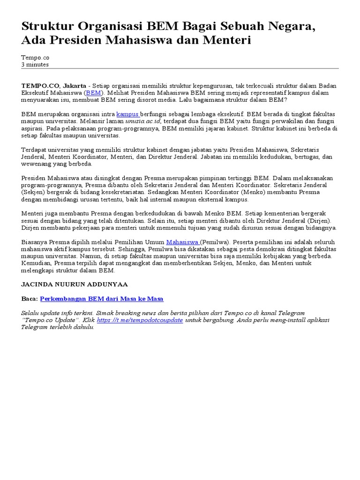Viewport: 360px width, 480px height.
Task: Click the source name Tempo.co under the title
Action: (35, 57)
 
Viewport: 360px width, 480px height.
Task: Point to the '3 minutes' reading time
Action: (35, 65)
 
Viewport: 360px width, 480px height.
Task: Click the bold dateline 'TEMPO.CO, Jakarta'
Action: (54, 86)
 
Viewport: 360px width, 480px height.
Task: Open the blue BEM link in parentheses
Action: (92, 93)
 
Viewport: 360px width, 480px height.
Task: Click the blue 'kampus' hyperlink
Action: (127, 114)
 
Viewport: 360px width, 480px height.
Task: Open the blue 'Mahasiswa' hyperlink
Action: (183, 242)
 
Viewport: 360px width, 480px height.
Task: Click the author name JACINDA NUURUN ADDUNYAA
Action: (75, 285)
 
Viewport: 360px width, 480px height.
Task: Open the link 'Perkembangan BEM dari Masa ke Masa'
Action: (102, 299)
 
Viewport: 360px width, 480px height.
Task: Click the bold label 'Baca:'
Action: (30, 299)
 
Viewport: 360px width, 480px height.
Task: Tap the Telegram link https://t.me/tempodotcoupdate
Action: (140, 320)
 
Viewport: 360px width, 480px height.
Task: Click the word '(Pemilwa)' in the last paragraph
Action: (215, 242)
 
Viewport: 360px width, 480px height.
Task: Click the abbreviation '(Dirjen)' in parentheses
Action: (318, 221)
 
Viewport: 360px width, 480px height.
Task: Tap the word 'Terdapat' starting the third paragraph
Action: (33, 150)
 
